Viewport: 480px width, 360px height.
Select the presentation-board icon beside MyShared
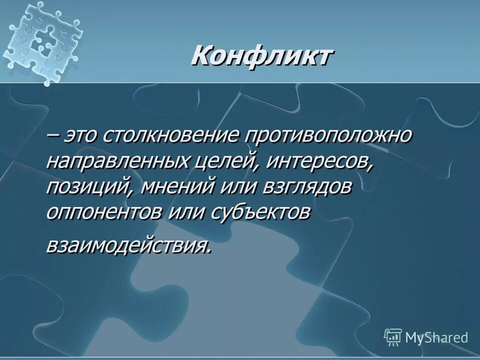[393, 337]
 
